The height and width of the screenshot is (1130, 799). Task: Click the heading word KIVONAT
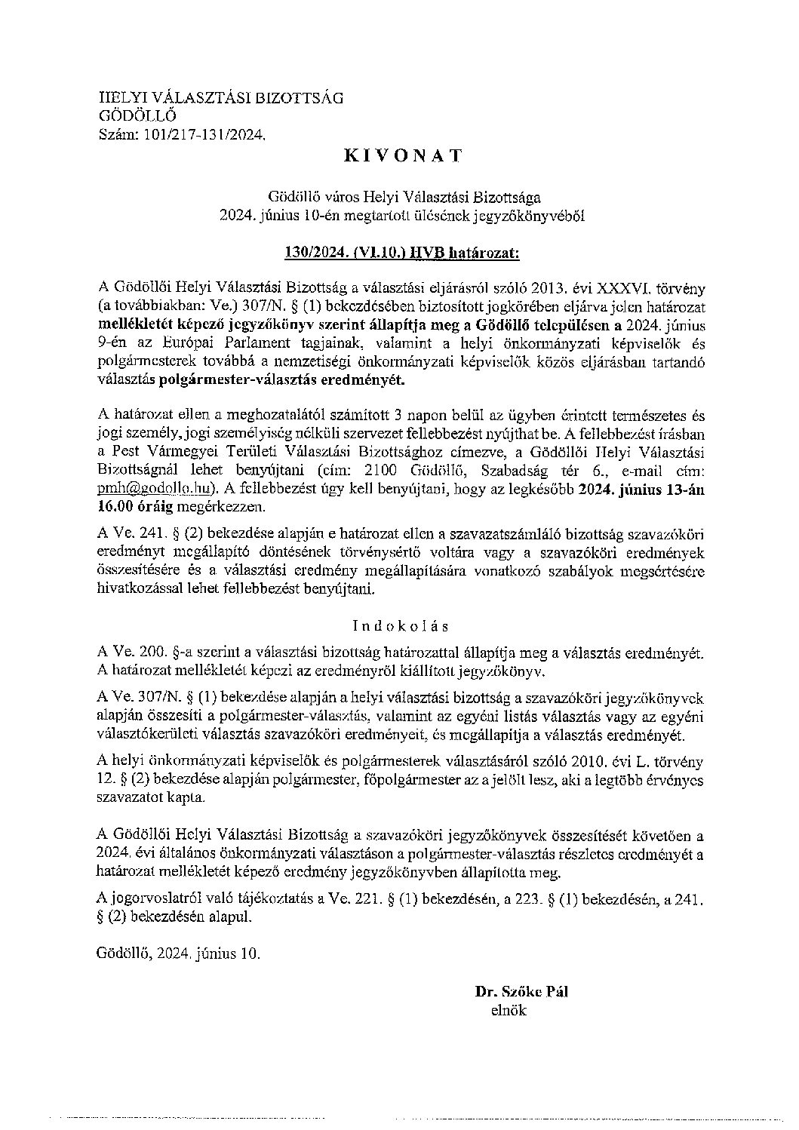(403, 156)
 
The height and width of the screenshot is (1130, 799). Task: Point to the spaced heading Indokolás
(401, 625)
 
